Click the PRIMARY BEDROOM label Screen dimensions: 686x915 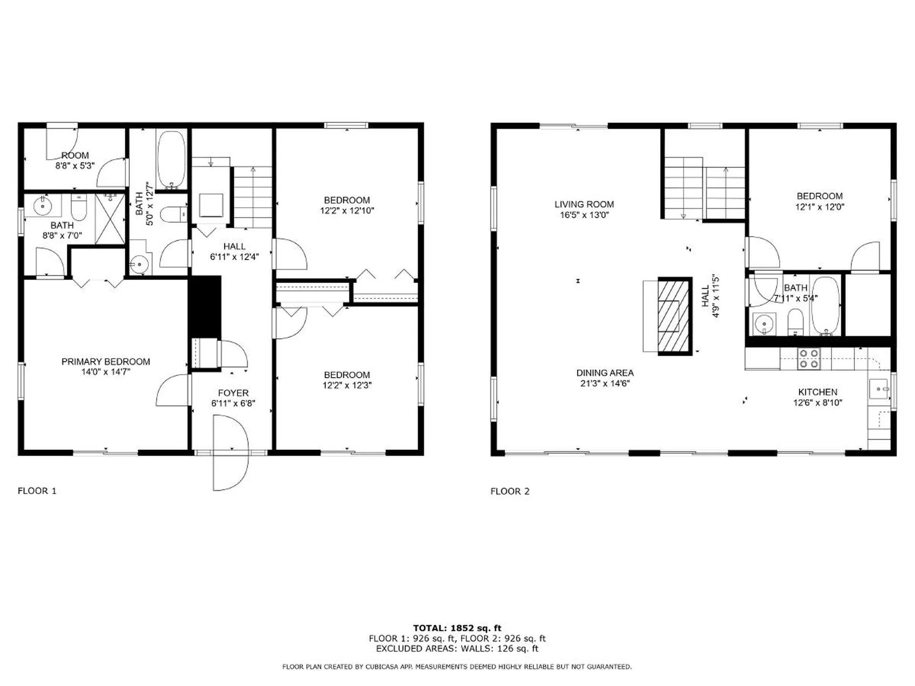(x=105, y=362)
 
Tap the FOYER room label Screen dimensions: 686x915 (x=233, y=393)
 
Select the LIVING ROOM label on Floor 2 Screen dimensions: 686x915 (x=584, y=204)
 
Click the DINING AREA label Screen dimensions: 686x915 (x=605, y=373)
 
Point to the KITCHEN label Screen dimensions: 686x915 (x=817, y=392)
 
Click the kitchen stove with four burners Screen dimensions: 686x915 (x=809, y=359)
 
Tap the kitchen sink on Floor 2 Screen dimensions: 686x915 (x=878, y=389)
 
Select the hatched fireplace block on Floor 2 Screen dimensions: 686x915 (x=674, y=316)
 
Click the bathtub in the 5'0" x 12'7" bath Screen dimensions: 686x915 (x=171, y=160)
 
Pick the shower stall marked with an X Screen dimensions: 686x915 (x=110, y=219)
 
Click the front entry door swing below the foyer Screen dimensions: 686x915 (x=231, y=453)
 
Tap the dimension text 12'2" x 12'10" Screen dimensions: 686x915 (x=347, y=211)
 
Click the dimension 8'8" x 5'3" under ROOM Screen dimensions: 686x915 (x=75, y=166)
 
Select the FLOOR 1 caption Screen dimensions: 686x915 (x=37, y=491)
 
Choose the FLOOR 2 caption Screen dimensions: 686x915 (x=510, y=491)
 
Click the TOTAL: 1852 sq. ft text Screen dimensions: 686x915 (x=457, y=628)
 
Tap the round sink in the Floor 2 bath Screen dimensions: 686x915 (x=764, y=324)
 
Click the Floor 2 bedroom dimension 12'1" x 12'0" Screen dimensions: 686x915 (x=820, y=207)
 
